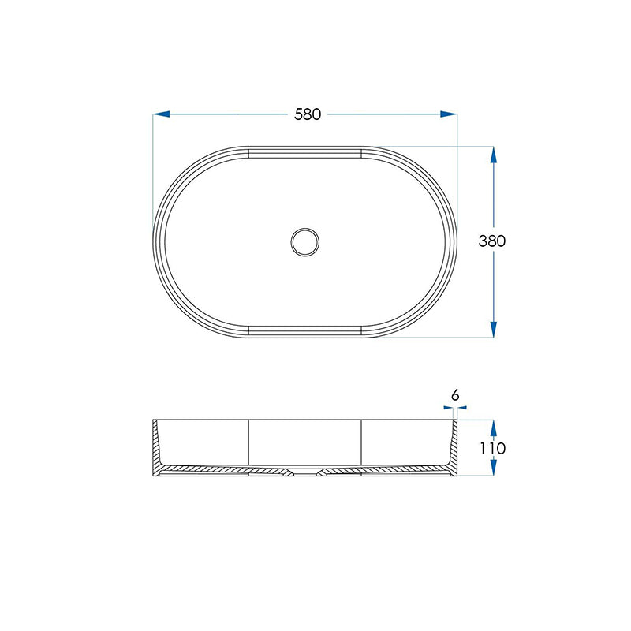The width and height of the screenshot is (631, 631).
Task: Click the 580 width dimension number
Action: (x=308, y=114)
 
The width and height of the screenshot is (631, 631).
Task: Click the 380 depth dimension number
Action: (x=491, y=241)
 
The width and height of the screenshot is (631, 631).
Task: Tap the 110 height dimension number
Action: (x=491, y=448)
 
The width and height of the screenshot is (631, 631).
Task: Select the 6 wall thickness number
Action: (x=455, y=394)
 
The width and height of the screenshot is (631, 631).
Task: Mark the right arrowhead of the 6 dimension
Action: (x=464, y=408)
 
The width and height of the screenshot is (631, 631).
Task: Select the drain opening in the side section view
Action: (x=304, y=474)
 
